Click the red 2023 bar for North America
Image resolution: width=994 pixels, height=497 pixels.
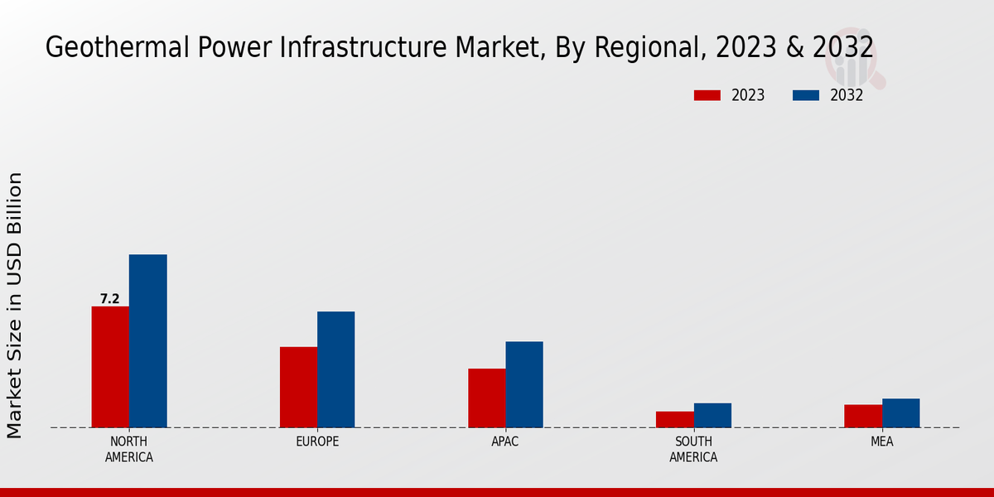pyautogui.click(x=110, y=367)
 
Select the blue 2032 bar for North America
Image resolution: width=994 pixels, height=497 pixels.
pyautogui.click(x=147, y=340)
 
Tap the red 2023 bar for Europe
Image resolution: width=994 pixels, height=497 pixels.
pyautogui.click(x=298, y=387)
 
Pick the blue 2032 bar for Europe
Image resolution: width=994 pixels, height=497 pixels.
pyautogui.click(x=335, y=369)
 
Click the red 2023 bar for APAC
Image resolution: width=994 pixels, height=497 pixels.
pyautogui.click(x=486, y=398)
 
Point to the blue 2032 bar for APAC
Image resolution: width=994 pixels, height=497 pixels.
pyautogui.click(x=524, y=384)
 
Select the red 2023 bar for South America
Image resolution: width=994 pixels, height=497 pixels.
pyautogui.click(x=674, y=419)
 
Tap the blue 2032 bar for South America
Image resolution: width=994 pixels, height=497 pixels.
pyautogui.click(x=712, y=415)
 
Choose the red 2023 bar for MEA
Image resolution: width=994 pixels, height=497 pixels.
pyautogui.click(x=863, y=416)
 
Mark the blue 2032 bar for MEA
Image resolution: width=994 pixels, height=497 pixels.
pyautogui.click(x=900, y=413)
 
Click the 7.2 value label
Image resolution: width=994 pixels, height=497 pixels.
pyautogui.click(x=109, y=299)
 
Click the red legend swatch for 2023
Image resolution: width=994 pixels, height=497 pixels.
pyautogui.click(x=707, y=95)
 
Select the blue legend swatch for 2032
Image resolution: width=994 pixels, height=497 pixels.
pyautogui.click(x=805, y=95)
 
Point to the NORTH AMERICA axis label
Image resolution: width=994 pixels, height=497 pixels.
pyautogui.click(x=129, y=449)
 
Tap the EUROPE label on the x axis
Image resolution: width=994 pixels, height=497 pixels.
pyautogui.click(x=317, y=442)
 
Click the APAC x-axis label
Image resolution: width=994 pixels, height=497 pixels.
pyautogui.click(x=505, y=442)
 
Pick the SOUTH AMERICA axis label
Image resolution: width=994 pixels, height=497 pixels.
pyautogui.click(x=693, y=449)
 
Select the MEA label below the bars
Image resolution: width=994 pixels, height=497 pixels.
pyautogui.click(x=881, y=442)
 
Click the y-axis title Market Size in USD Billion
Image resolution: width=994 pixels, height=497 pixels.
pyautogui.click(x=15, y=305)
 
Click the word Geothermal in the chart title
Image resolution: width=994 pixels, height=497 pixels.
pyautogui.click(x=103, y=48)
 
